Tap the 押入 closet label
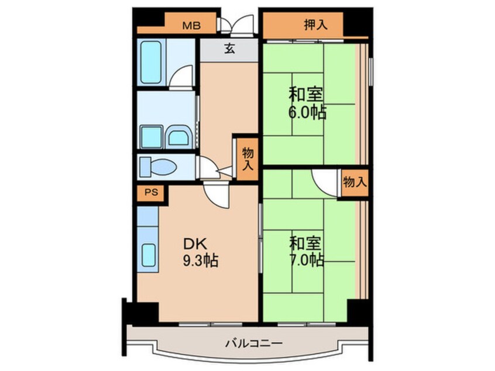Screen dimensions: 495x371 point(316,25)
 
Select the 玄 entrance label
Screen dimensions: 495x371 point(229,49)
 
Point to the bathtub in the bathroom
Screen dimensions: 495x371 point(151,62)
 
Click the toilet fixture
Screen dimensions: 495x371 point(158,166)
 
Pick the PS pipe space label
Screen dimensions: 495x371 point(152,192)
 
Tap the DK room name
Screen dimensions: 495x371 point(195,244)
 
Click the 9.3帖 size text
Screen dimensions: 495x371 point(201,260)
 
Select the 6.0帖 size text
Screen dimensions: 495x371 point(307,112)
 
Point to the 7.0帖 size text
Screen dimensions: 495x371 point(307,260)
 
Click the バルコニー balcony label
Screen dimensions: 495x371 point(253,343)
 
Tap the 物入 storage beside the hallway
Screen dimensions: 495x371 point(248,159)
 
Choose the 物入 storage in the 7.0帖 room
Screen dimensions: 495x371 point(355,182)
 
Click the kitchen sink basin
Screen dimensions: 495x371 point(149,255)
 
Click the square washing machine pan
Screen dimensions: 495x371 point(151,137)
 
